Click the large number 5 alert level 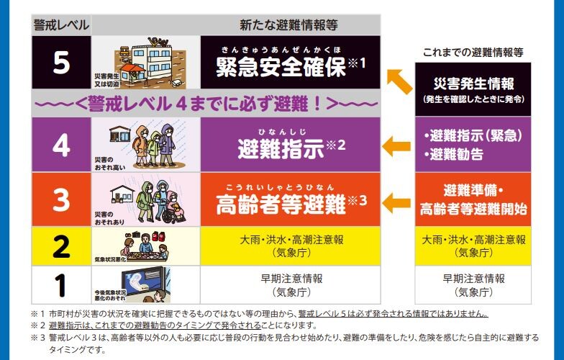click(x=61, y=63)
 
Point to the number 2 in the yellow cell click(x=61, y=246)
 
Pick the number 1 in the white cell click(x=61, y=284)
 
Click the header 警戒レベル click(x=62, y=25)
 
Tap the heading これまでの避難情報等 click(x=473, y=52)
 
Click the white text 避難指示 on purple click(x=281, y=148)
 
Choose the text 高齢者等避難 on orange click(x=281, y=204)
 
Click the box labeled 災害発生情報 click(x=473, y=89)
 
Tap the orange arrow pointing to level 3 click(x=397, y=202)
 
